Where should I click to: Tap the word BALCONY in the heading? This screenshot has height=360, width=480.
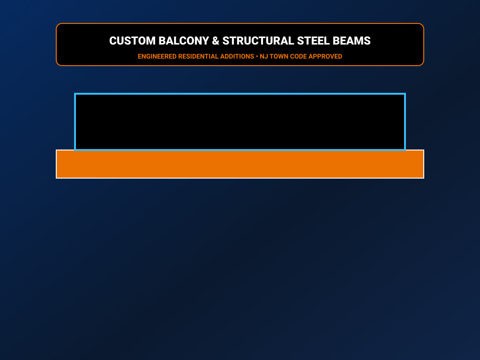[x=184, y=41]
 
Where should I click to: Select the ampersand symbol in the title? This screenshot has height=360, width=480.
[x=216, y=41]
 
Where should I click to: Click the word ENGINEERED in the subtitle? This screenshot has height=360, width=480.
[x=157, y=56]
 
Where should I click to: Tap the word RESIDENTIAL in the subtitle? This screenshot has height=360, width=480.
[x=198, y=56]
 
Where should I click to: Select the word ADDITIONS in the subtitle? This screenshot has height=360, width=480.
[x=237, y=56]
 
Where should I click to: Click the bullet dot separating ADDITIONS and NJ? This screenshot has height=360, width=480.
[x=257, y=56]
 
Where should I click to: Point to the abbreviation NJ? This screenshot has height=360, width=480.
[x=263, y=56]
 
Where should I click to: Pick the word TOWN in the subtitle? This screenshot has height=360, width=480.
[x=279, y=56]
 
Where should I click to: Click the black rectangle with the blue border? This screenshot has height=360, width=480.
[x=240, y=122]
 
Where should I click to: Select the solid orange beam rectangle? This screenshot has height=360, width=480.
[x=240, y=165]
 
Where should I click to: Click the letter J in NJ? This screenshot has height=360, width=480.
[x=266, y=56]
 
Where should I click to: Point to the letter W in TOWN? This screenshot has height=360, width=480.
[x=281, y=56]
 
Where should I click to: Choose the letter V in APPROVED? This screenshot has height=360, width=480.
[x=331, y=56]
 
